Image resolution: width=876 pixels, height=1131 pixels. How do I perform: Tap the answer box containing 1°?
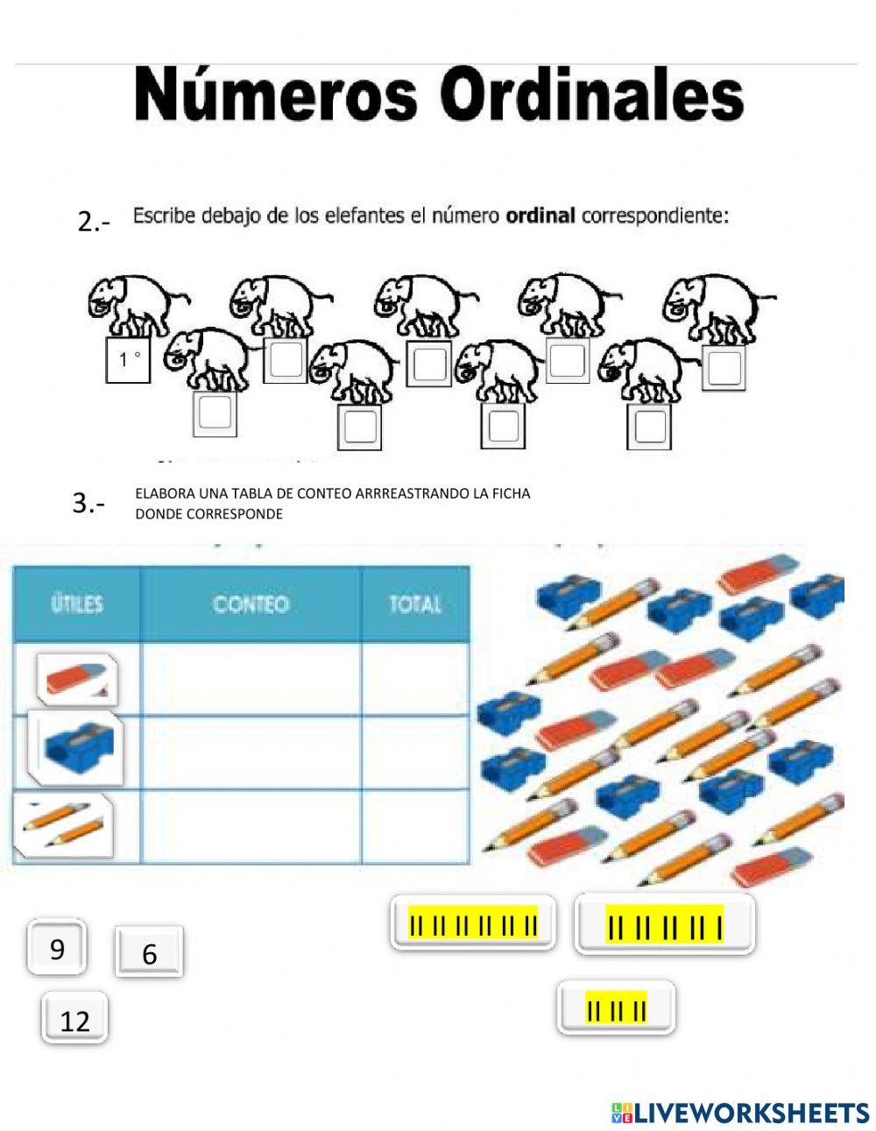tap(129, 359)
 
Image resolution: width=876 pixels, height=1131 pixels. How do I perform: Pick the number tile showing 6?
tap(149, 952)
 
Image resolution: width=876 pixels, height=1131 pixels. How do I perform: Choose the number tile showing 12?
tap(74, 1019)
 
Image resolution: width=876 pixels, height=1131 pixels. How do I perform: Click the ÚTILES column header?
tap(77, 604)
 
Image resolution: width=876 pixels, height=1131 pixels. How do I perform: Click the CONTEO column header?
tap(251, 604)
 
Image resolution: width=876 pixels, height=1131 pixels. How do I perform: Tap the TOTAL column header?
tap(414, 604)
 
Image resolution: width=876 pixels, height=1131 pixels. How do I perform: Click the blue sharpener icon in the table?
tap(76, 747)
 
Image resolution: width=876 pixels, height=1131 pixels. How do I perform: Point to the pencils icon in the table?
tap(64, 826)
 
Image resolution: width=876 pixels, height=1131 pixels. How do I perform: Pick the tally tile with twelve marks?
tap(473, 923)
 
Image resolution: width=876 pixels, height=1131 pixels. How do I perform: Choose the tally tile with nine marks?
tap(664, 925)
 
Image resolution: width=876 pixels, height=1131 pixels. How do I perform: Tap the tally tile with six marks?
tap(616, 1008)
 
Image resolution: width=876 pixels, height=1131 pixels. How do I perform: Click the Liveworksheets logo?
tap(739, 1112)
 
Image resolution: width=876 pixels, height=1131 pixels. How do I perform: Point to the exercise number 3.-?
tap(88, 503)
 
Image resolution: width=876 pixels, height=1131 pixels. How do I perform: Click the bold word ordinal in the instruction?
tap(540, 216)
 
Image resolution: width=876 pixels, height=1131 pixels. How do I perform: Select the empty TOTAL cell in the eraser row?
tap(414, 679)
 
